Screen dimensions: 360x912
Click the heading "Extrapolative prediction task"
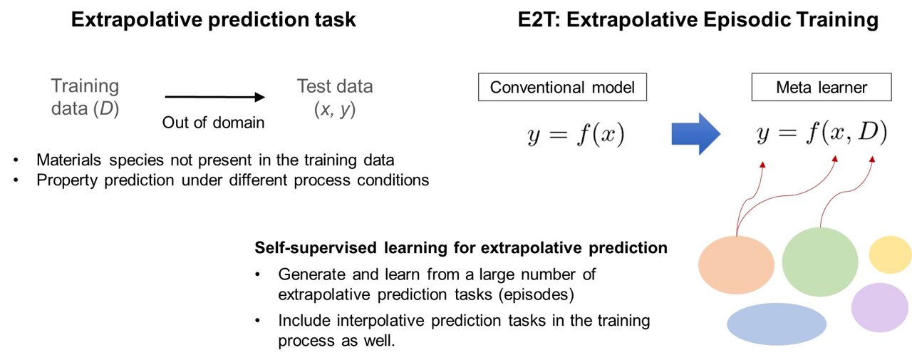coord(213,19)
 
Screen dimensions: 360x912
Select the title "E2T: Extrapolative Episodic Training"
coord(698,19)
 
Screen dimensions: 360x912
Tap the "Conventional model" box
coord(562,88)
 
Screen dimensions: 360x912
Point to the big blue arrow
coord(696,133)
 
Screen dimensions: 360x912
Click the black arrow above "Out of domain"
coord(214,98)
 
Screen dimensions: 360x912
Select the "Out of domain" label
coord(214,122)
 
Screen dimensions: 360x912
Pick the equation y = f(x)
coord(576,134)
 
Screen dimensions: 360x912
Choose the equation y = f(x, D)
coord(821,134)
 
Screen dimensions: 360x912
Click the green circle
coord(820,262)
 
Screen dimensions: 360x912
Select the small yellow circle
coord(890,254)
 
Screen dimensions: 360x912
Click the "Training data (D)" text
coord(85,98)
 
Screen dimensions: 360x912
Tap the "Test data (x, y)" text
coord(334,98)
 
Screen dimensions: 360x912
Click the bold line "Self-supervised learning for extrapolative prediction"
coord(461,248)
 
